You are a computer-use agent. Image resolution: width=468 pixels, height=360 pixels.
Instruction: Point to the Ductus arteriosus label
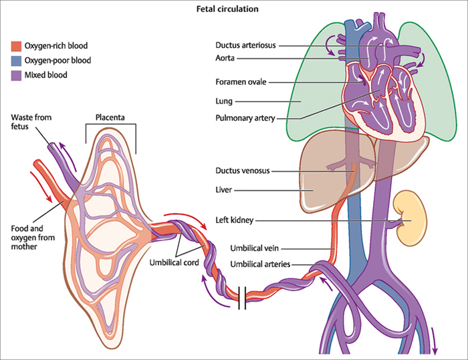[245, 46]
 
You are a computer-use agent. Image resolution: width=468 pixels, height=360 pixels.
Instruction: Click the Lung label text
[225, 101]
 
